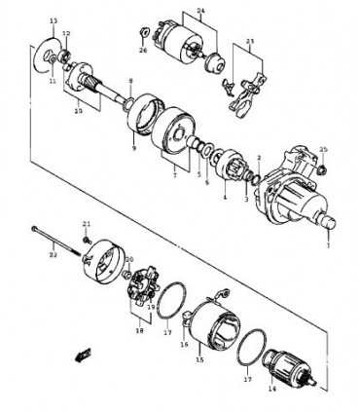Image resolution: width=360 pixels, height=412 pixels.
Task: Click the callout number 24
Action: (201, 10)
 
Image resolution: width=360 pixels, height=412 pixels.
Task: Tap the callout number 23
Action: (249, 42)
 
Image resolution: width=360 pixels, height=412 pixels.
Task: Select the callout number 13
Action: (54, 20)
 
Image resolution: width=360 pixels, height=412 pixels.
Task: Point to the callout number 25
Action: (324, 149)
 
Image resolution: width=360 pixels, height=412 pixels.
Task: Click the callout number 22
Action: (54, 254)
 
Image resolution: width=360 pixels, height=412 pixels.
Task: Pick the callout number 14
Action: (271, 389)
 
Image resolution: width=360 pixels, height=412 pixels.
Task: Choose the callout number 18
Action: (139, 330)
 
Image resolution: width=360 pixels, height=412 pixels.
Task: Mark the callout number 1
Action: (328, 245)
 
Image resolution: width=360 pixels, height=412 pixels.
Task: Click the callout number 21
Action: (86, 224)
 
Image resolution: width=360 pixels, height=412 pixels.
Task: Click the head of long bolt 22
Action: (34, 230)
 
